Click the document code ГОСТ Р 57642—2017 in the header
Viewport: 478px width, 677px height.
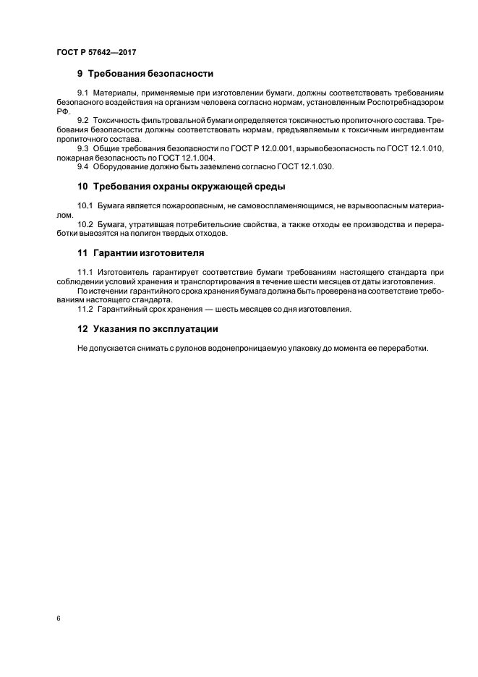(96, 53)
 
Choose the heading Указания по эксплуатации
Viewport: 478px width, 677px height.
(156, 328)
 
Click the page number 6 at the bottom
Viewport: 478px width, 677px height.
(57, 618)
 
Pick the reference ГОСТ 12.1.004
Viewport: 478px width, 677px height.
(188, 157)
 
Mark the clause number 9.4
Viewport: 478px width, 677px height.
(83, 166)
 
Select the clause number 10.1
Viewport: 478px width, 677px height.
(85, 206)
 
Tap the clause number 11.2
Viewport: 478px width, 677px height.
(85, 309)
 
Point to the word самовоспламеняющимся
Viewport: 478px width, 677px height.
(274, 206)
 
